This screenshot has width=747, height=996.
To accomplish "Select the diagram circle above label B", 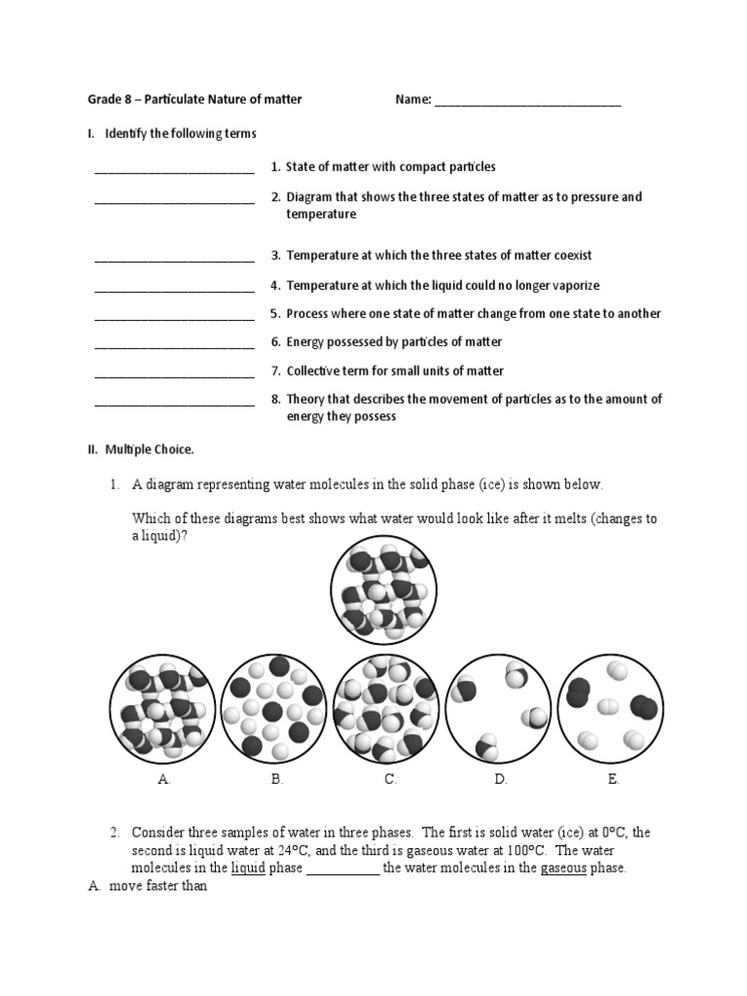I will (272, 707).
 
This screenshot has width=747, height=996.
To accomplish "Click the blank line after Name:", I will (527, 100).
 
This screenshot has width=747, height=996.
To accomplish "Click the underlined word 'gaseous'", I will (563, 868).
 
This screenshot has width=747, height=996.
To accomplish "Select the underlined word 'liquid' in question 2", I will (248, 868).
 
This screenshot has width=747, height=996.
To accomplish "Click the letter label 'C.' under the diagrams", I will (389, 779).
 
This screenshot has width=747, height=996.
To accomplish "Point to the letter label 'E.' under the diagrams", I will (613, 779).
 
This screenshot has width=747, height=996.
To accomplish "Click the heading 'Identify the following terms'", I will (181, 133).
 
